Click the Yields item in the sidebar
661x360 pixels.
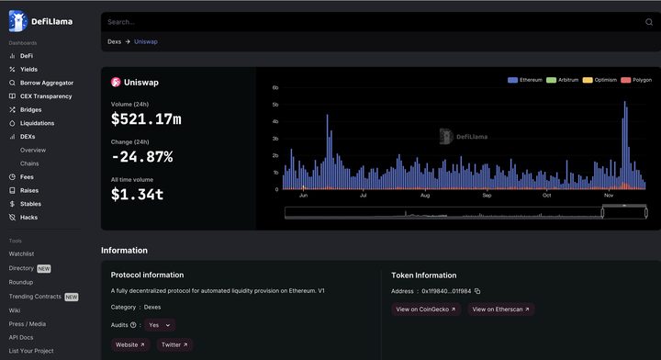(x=24, y=69)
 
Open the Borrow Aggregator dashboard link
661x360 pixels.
(x=41, y=83)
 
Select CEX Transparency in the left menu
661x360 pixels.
(x=40, y=96)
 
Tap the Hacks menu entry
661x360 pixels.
(x=24, y=217)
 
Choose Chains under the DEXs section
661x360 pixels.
(x=29, y=163)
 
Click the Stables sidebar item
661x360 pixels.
(x=26, y=204)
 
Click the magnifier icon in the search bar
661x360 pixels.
(x=649, y=22)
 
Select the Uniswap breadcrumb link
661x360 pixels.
(x=146, y=41)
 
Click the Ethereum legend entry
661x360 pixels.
(x=525, y=80)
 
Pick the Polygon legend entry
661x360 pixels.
(x=636, y=80)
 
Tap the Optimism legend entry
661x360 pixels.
(x=599, y=80)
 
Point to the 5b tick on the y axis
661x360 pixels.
(x=275, y=105)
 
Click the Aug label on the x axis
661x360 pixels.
(x=425, y=196)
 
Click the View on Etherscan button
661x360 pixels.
(x=501, y=309)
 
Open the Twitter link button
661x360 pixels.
(x=174, y=344)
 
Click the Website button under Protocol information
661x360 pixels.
(x=129, y=344)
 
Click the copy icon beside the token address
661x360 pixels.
(x=477, y=291)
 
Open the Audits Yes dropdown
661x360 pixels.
(x=160, y=325)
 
